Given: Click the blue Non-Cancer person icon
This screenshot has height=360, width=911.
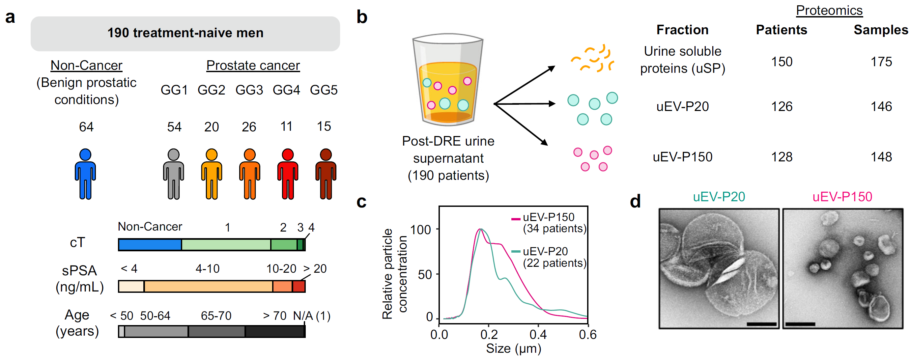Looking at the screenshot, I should coord(85,174).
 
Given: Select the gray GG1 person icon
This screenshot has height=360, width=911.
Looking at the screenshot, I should coord(173,174).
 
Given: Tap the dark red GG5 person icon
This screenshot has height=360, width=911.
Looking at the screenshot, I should coord(326,174).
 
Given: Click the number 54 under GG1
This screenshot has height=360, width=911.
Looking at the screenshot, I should coord(174,126).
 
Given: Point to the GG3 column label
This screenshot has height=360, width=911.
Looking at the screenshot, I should coord(249,90).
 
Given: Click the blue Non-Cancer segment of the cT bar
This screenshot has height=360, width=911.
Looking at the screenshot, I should coord(150,245).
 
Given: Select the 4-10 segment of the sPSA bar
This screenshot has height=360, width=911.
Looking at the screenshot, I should coord(208,286).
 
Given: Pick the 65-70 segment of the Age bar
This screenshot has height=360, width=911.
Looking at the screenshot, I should coord(216,331).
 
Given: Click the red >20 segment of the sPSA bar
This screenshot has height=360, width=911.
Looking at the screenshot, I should coord(299,286).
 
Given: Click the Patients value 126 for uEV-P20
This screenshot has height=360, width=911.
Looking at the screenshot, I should coord(781,106).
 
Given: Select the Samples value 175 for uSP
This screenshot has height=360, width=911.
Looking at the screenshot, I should coord(881,62).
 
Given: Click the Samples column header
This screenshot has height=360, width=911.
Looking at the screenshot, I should coord(881,30).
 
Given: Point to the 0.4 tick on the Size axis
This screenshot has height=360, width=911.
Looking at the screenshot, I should coord(538,334).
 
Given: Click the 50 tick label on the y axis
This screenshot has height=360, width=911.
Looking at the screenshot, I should coord(424,274).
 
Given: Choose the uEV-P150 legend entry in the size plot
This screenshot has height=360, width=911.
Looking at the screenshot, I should coord(548,222).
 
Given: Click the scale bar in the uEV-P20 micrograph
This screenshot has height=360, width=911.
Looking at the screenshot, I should coord(761,323).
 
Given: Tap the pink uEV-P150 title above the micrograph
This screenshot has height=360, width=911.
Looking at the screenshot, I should coord(842,197).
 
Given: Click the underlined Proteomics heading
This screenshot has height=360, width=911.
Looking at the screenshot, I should coord(829,11).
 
